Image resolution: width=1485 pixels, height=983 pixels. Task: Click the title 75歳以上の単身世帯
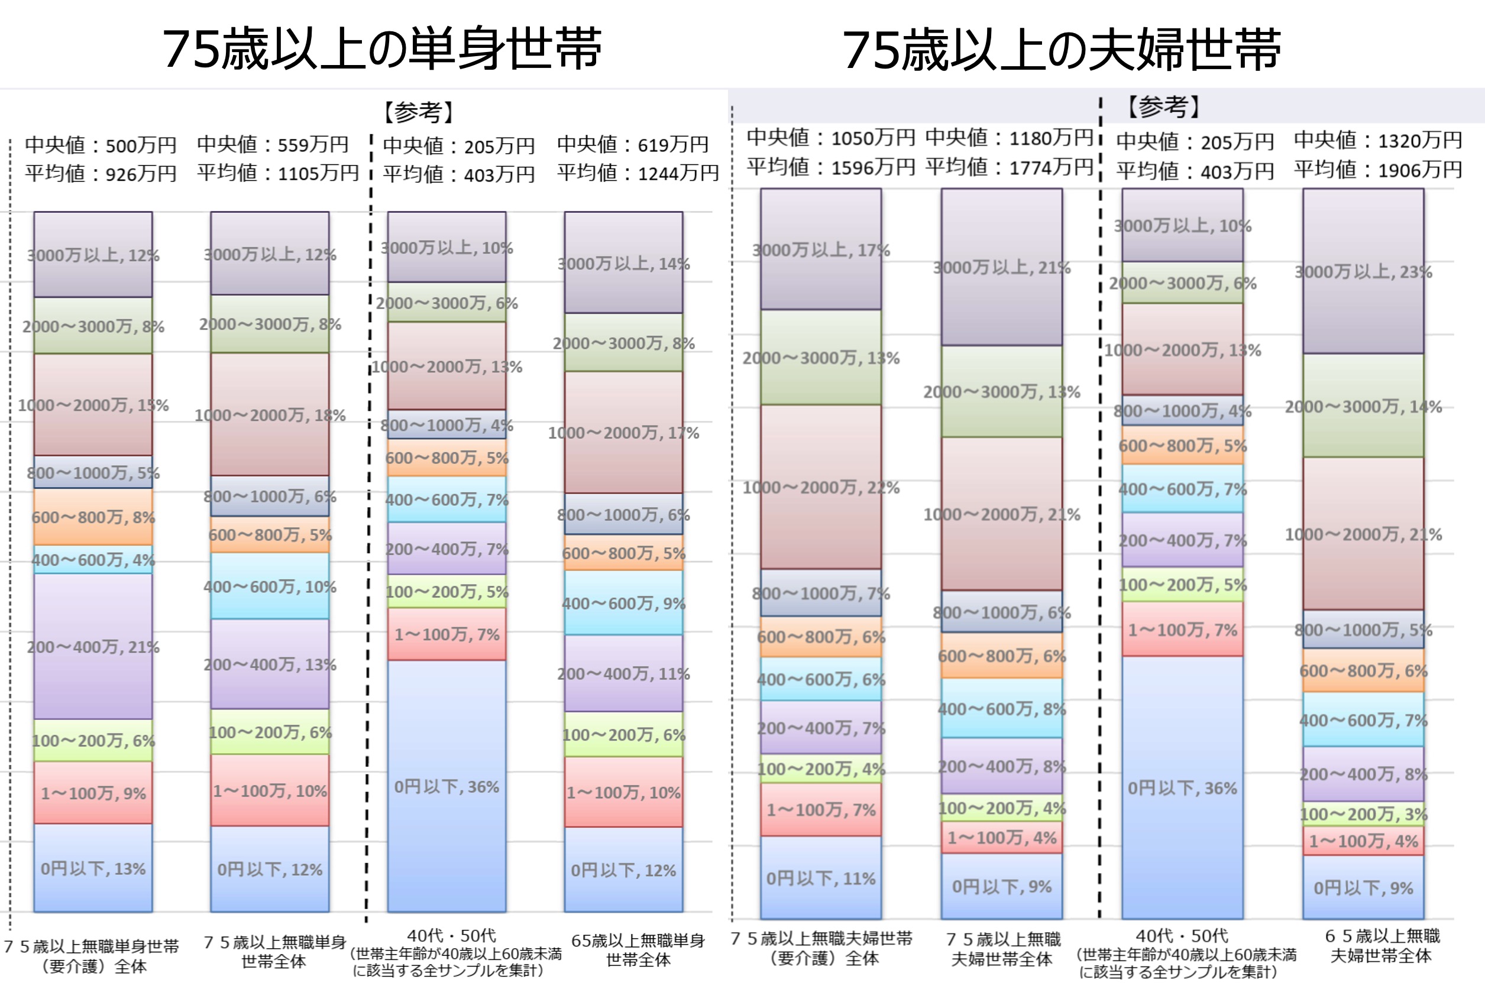pyautogui.click(x=382, y=49)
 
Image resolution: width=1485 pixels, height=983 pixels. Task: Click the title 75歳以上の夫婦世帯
pyautogui.click(x=1061, y=49)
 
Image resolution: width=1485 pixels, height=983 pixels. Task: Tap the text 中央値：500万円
pyautogui.click(x=101, y=145)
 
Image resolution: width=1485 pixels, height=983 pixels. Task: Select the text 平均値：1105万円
pyautogui.click(x=277, y=173)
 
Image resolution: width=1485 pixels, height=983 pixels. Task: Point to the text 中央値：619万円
pyautogui.click(x=633, y=144)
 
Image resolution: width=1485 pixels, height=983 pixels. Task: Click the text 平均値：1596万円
pyautogui.click(x=830, y=167)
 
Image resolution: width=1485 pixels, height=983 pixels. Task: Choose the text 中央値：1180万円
pyautogui.click(x=1009, y=137)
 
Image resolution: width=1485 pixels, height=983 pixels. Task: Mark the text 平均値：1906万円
pyautogui.click(x=1378, y=169)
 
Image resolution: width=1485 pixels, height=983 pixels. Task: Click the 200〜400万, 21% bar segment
pyautogui.click(x=93, y=646)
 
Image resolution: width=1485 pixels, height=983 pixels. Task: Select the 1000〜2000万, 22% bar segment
pyautogui.click(x=821, y=487)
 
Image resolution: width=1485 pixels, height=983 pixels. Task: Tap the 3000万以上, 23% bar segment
pyautogui.click(x=1363, y=271)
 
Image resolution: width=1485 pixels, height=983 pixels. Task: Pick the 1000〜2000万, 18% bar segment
pyautogui.click(x=270, y=414)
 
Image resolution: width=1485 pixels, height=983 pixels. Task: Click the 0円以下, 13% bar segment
pyautogui.click(x=93, y=868)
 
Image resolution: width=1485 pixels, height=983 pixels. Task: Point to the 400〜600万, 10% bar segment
pyautogui.click(x=270, y=586)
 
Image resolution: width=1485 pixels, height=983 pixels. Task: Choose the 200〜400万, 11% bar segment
pyautogui.click(x=623, y=673)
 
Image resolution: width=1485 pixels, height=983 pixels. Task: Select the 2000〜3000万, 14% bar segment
pyautogui.click(x=1363, y=406)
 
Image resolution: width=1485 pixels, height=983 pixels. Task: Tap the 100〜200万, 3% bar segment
pyautogui.click(x=1363, y=814)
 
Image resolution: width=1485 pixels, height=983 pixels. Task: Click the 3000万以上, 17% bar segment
pyautogui.click(x=821, y=249)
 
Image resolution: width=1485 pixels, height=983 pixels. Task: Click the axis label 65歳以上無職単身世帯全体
pyautogui.click(x=638, y=950)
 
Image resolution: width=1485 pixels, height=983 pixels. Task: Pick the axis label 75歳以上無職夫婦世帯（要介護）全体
pyautogui.click(x=821, y=949)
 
